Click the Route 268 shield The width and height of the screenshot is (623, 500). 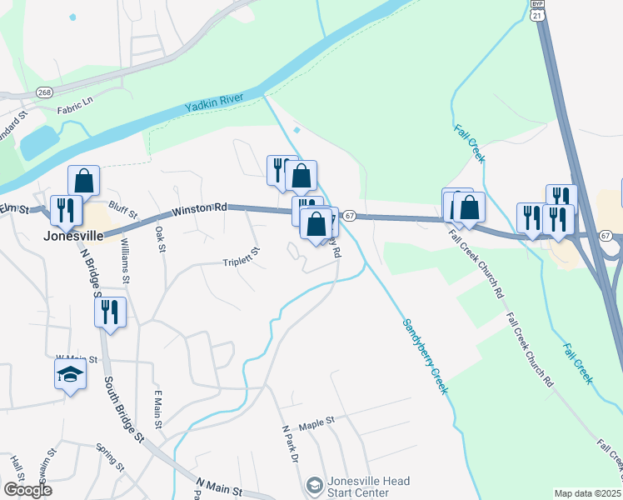(45, 92)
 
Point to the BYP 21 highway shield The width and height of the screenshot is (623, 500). (537, 11)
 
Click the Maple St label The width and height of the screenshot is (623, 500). (316, 422)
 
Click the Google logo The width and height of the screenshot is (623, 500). (27, 490)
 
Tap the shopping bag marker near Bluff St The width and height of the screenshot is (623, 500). (83, 181)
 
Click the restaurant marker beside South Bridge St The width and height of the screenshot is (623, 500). (110, 312)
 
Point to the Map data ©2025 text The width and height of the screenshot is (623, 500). (588, 493)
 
